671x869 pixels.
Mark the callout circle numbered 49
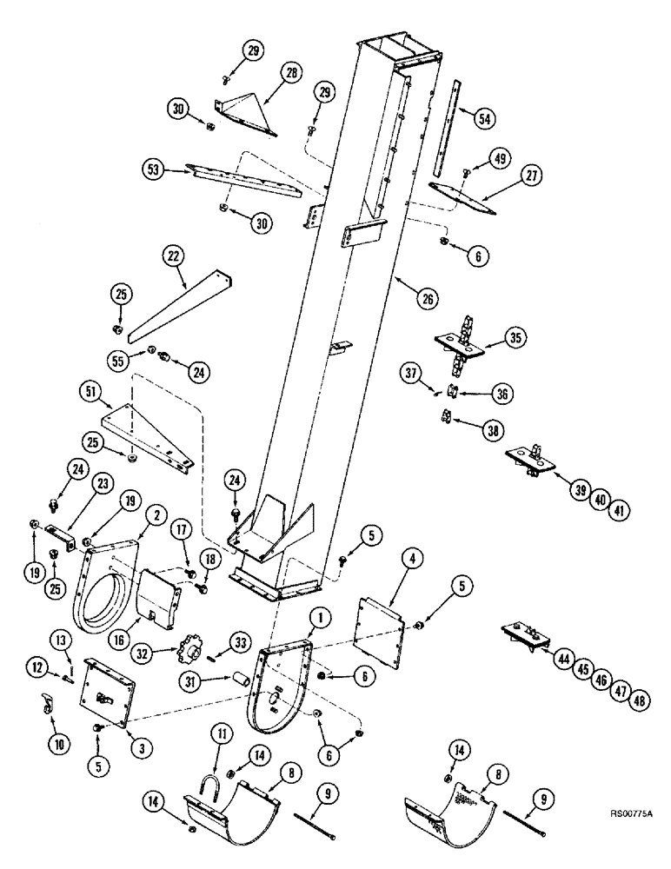pyautogui.click(x=501, y=158)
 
